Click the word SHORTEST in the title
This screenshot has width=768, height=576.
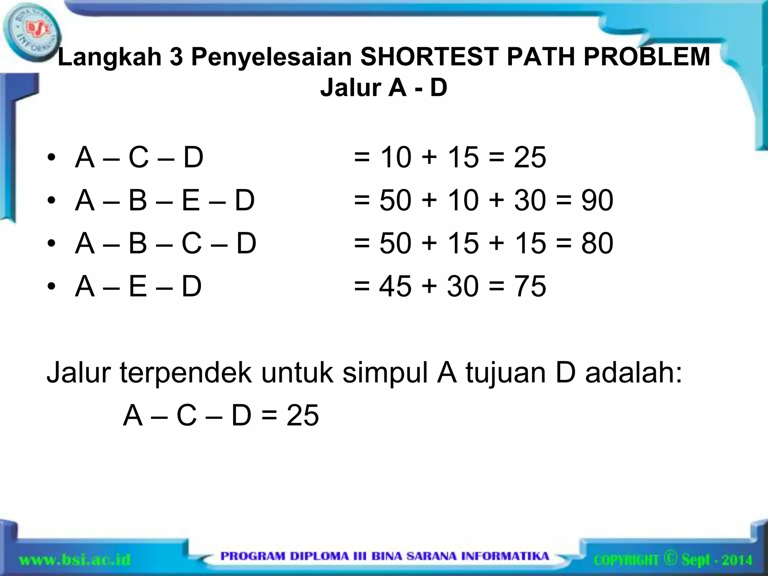pyautogui.click(x=418, y=57)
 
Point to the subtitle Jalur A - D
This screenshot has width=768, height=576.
pyautogui.click(x=384, y=88)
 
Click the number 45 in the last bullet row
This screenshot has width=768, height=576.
pyautogui.click(x=395, y=286)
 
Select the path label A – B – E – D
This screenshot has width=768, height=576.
pyautogui.click(x=165, y=200)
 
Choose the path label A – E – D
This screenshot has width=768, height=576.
pyautogui.click(x=138, y=286)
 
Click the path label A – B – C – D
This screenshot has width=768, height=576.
pyautogui.click(x=166, y=243)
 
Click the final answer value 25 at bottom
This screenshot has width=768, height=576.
pyautogui.click(x=303, y=415)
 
